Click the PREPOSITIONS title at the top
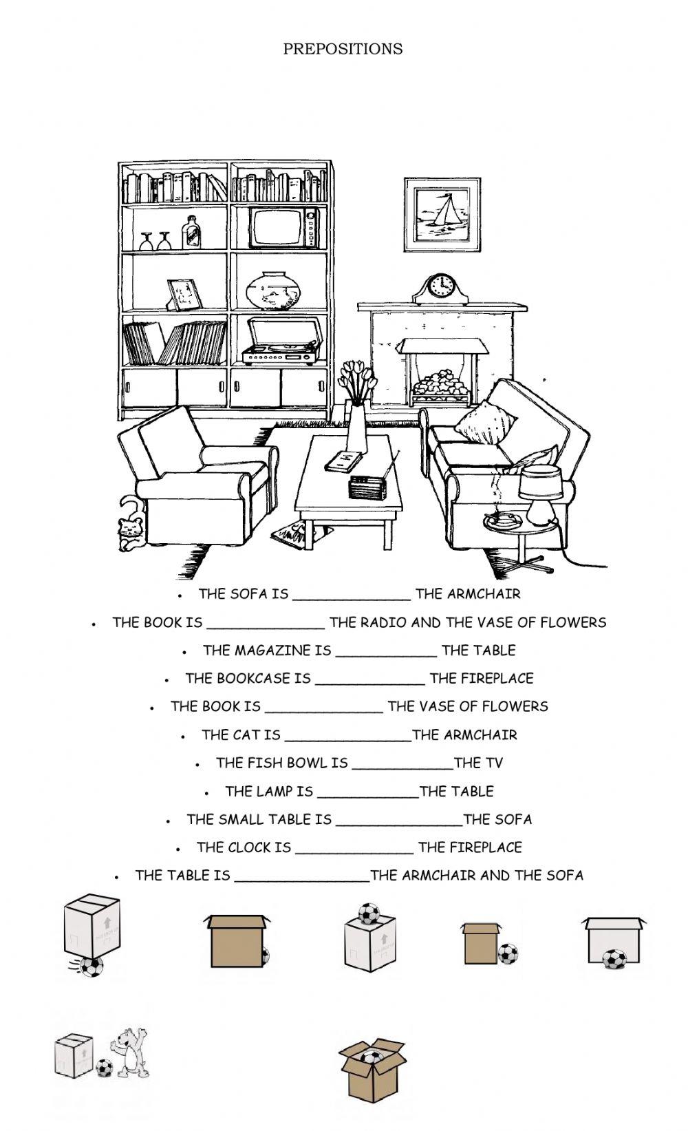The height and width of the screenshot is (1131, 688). coord(343,49)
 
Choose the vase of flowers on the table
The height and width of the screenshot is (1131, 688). coord(356,413)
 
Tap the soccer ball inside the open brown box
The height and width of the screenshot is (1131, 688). coord(372,1057)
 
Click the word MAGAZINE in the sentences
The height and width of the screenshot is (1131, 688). coord(266,650)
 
